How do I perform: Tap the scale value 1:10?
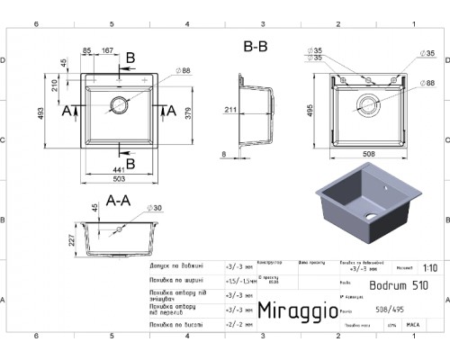(x=430, y=267)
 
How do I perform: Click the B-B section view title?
(x=255, y=45)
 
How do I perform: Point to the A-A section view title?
(x=120, y=200)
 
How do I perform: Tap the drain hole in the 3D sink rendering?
(x=372, y=217)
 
